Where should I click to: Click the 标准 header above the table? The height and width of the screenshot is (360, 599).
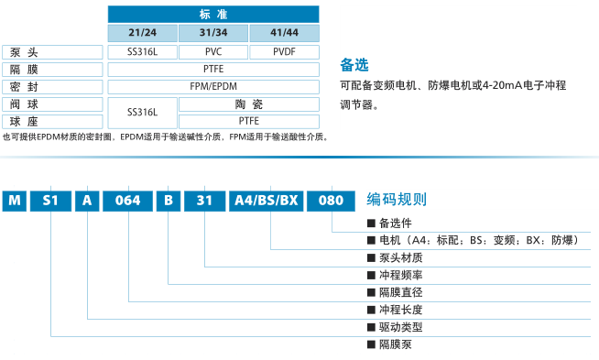213,15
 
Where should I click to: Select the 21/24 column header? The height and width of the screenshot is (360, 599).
143,33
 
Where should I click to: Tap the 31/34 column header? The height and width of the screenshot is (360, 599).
213,33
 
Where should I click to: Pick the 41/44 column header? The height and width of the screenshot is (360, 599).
284,33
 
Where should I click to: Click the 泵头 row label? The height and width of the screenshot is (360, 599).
52,52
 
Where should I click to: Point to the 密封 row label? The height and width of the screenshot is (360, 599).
52,87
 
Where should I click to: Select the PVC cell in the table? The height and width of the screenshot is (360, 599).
213,52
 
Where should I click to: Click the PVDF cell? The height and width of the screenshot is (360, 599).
284,52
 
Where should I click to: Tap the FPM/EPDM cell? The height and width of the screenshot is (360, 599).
213,87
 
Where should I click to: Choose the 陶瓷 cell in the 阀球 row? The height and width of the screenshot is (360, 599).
249,104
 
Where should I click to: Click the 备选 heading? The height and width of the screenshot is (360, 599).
354,65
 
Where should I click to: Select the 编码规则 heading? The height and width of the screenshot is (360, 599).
397,200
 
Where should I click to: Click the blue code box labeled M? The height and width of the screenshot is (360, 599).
15,201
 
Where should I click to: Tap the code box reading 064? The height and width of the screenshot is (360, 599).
127,201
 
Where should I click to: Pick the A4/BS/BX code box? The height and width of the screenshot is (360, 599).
267,201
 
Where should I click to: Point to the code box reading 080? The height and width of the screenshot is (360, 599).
332,201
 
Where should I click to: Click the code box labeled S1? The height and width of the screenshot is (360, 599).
50,201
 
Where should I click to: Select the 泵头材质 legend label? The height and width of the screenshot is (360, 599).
401,258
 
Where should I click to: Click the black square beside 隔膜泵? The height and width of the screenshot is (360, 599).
371,344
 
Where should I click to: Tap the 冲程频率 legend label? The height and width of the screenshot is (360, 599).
401,275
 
